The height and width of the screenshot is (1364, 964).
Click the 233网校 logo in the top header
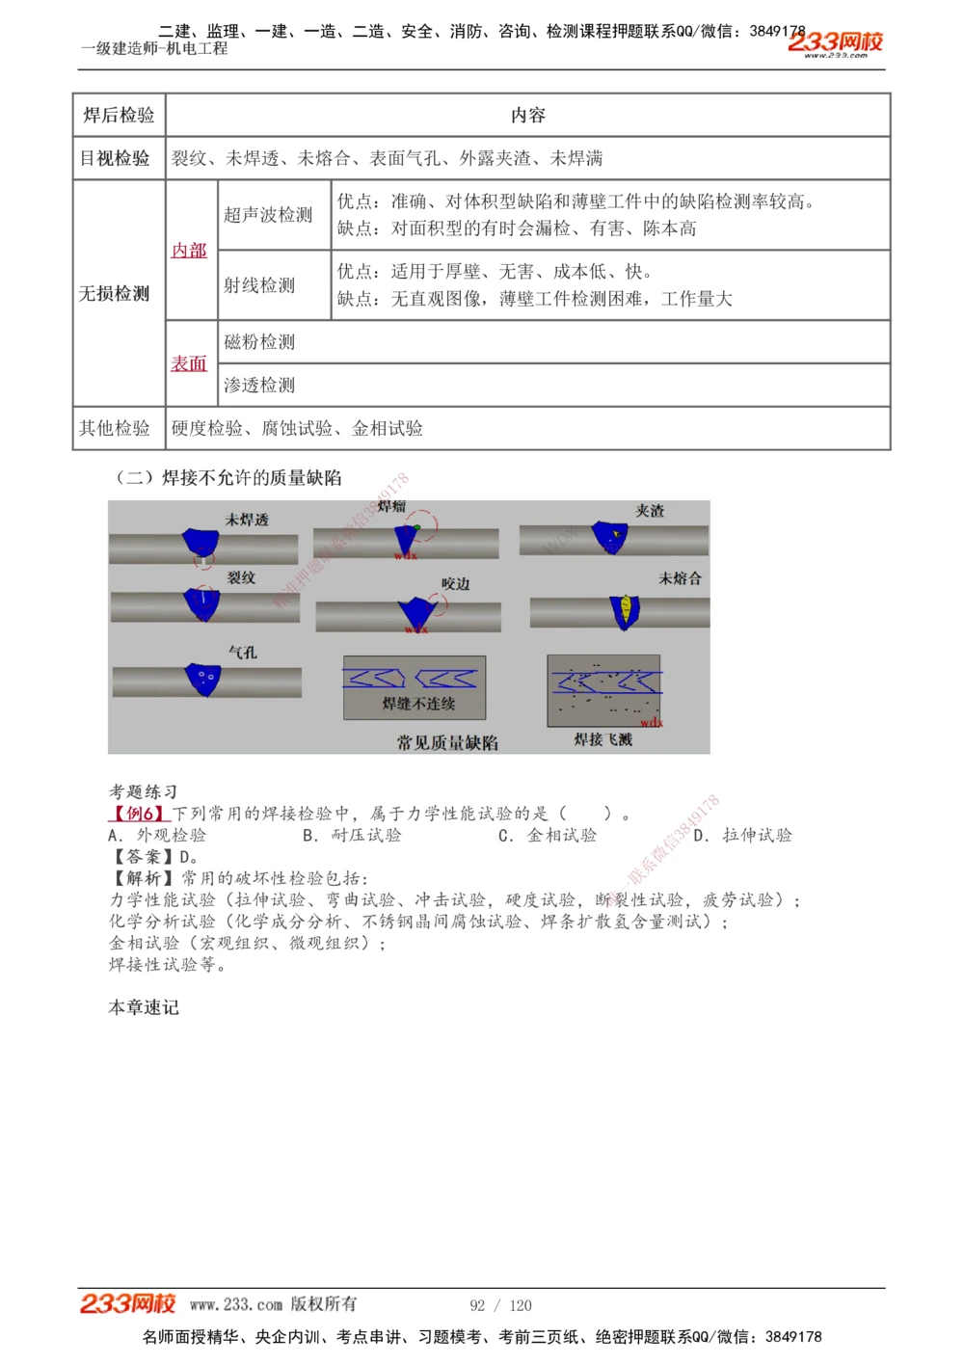[x=835, y=43]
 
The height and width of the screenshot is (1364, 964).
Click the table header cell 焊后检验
[x=119, y=116]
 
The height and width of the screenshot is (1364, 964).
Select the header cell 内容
[x=527, y=116]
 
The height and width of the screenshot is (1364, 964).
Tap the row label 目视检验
[x=115, y=158]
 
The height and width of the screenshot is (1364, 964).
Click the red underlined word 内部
[x=189, y=251]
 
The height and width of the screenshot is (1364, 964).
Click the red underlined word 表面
[x=189, y=363]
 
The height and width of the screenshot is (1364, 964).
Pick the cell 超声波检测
[x=268, y=215]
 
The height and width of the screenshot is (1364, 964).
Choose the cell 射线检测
[x=259, y=285]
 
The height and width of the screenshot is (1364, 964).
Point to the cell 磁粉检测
[x=259, y=342]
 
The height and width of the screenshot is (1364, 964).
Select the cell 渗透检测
[x=259, y=386]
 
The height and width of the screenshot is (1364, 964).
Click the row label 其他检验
[x=115, y=428]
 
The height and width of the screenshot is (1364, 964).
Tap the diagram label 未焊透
[x=247, y=520]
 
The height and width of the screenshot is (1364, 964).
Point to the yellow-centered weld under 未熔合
[x=626, y=611]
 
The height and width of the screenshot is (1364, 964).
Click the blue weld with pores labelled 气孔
[x=203, y=679]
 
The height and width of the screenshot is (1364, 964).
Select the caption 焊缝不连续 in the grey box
[x=418, y=704]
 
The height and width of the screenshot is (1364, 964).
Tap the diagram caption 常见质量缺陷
[x=447, y=742]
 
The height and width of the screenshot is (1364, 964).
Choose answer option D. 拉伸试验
[x=743, y=835]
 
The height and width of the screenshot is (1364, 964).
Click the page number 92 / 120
[x=500, y=1305]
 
